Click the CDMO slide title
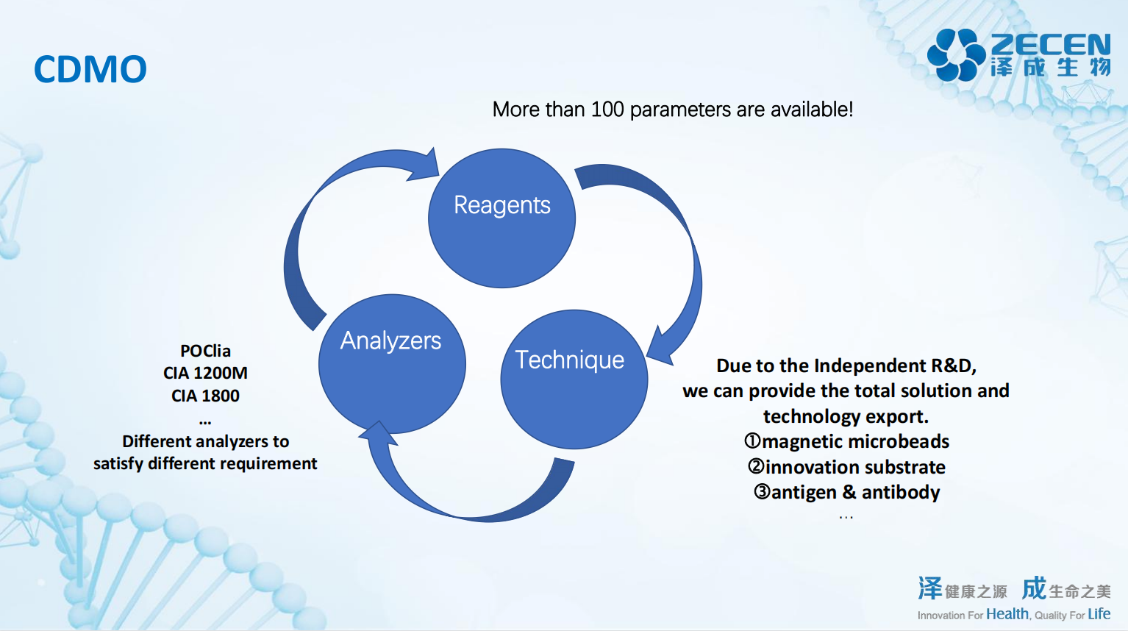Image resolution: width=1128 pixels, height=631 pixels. tap(90, 69)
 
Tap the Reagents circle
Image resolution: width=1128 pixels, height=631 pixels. tap(501, 218)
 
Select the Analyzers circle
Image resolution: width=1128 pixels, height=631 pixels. tap(391, 363)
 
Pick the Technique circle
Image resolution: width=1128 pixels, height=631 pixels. tap(574, 379)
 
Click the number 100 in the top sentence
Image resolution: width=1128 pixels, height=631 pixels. tap(607, 110)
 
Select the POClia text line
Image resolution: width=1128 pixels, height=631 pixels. tap(205, 351)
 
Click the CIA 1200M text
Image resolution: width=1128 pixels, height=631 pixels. tap(205, 373)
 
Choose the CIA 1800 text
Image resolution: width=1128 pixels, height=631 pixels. tap(205, 396)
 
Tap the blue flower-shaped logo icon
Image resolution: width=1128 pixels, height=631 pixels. tap(956, 54)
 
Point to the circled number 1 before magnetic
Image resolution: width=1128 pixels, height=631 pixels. tap(752, 441)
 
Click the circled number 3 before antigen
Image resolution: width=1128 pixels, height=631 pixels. tap(762, 492)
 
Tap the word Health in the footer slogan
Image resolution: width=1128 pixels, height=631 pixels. tap(1007, 614)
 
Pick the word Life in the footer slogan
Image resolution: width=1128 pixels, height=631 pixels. tap(1099, 614)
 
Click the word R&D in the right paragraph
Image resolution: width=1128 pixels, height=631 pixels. tap(952, 366)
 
